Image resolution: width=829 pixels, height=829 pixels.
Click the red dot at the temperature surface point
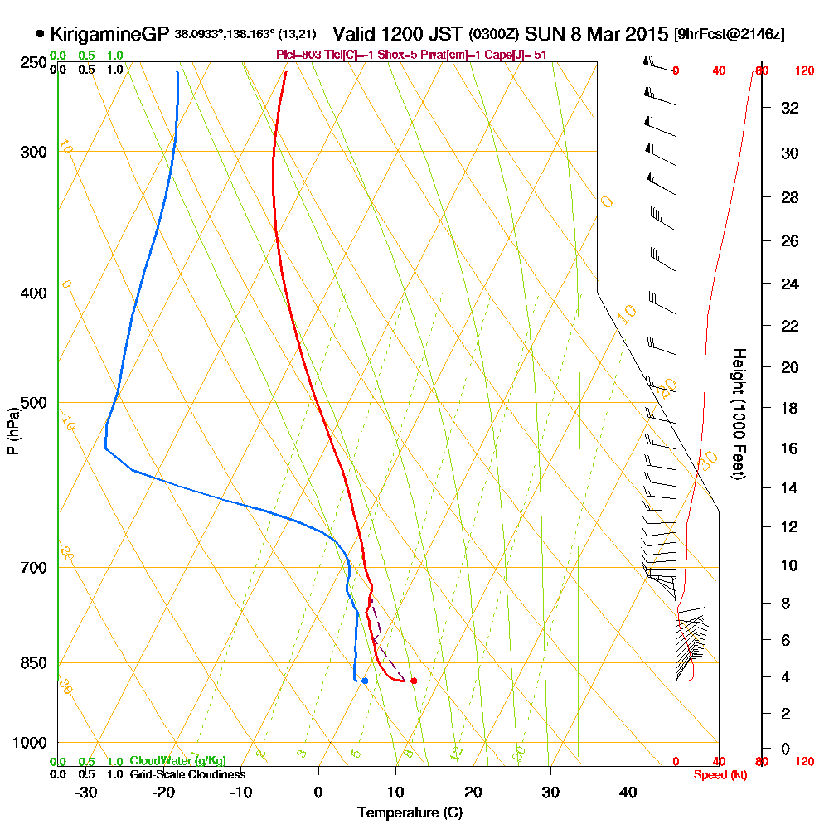(x=414, y=681)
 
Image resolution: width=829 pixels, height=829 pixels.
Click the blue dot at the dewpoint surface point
(x=365, y=681)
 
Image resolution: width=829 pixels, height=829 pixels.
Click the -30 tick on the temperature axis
(x=87, y=793)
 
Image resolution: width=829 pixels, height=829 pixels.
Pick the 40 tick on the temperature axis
(x=628, y=793)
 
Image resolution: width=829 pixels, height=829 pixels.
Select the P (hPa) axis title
(x=12, y=430)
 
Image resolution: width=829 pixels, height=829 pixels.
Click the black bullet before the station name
(x=41, y=35)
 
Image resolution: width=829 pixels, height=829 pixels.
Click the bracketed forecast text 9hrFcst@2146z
(x=730, y=35)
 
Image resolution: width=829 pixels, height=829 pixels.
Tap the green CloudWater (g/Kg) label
(x=177, y=761)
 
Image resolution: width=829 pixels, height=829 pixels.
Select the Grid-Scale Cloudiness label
(x=187, y=774)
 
